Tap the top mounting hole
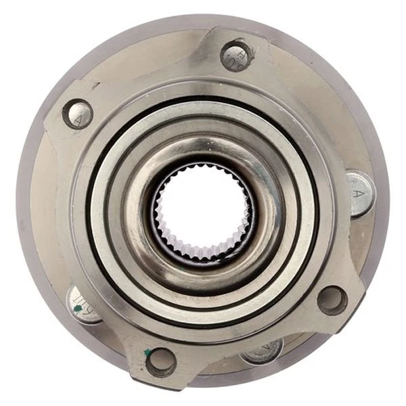coord(237,55)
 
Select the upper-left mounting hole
coord(78,114)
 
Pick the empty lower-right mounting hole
coord(332,300)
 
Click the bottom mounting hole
coord(161,361)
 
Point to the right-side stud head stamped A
coord(359,194)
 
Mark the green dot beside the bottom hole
coord(148,352)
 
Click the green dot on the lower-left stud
coord(78,309)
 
